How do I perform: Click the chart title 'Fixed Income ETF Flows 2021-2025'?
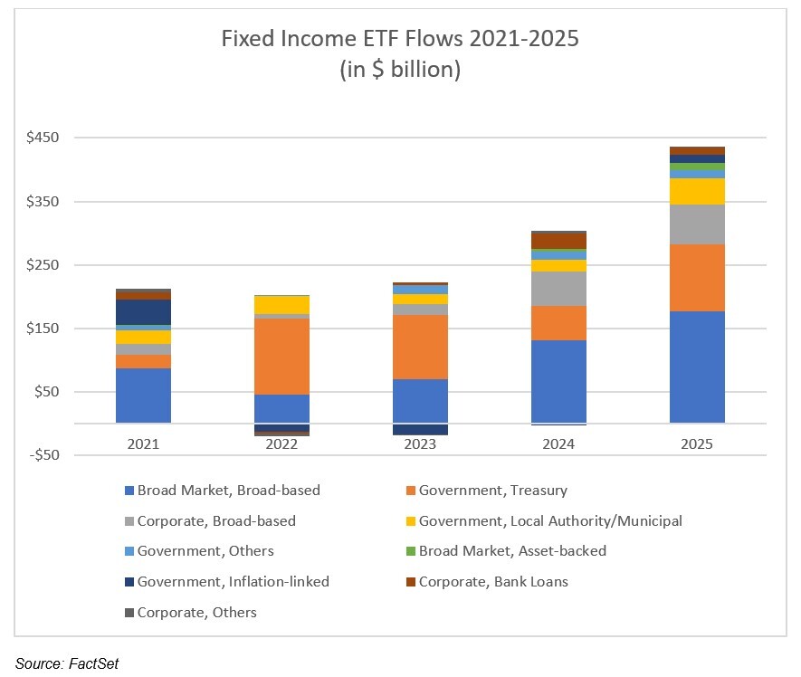[x=400, y=39]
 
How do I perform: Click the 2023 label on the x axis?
[x=420, y=444]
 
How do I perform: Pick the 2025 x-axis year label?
[x=697, y=444]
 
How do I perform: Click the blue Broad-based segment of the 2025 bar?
[x=697, y=367]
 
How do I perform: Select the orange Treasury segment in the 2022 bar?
[x=281, y=357]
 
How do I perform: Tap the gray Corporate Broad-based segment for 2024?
[x=558, y=289]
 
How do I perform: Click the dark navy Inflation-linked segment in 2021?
[x=143, y=312]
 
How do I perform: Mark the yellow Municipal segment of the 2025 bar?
[x=697, y=191]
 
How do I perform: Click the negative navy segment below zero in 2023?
[x=420, y=429]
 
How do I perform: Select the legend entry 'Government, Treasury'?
[x=492, y=491]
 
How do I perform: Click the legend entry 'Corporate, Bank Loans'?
[x=493, y=581]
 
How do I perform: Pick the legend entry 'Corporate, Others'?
[x=196, y=613]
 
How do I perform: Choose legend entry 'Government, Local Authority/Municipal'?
[x=549, y=520]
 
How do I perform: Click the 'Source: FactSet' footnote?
[x=66, y=664]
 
